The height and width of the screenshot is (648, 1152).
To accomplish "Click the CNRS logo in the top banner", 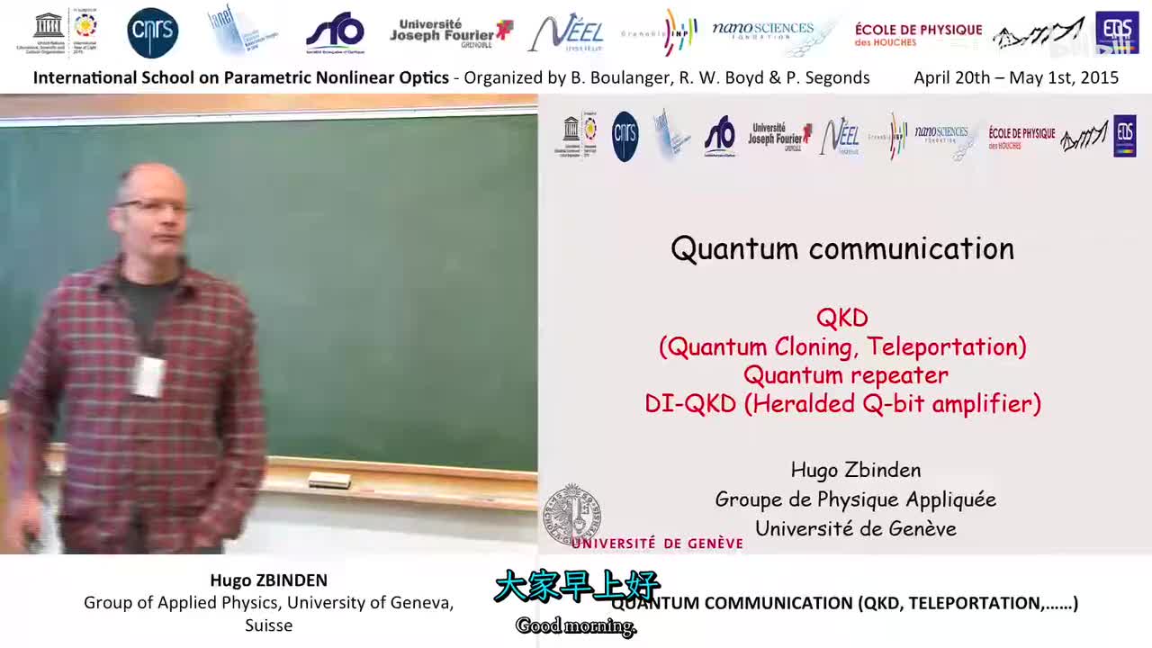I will tap(153, 33).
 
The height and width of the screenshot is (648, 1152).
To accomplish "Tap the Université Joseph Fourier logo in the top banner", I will tap(450, 33).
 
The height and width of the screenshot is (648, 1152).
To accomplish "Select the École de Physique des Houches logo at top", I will tap(918, 35).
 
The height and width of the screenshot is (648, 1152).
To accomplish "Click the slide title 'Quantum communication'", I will tap(842, 249).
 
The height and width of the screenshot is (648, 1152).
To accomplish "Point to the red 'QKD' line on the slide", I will tap(842, 318).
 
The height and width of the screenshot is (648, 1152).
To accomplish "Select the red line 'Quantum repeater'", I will tap(845, 374).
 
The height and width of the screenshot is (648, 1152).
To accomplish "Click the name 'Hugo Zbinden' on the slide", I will tap(855, 470).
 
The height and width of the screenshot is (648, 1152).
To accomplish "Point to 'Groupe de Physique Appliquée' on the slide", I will tap(855, 499).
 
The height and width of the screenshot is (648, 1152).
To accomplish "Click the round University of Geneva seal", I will tap(571, 513).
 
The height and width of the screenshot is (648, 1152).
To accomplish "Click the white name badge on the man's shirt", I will tap(148, 375).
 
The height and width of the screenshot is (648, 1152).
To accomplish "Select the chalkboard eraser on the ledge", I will tap(328, 481).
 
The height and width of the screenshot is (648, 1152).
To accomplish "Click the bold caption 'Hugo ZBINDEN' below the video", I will tap(268, 580).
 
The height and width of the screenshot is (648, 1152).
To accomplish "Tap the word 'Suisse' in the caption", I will tap(268, 625).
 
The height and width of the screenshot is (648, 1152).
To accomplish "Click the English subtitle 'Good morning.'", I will tap(576, 626).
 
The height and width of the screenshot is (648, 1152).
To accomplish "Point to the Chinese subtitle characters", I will tap(576, 587).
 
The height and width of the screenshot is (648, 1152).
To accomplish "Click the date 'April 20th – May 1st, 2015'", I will tap(1015, 77).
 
